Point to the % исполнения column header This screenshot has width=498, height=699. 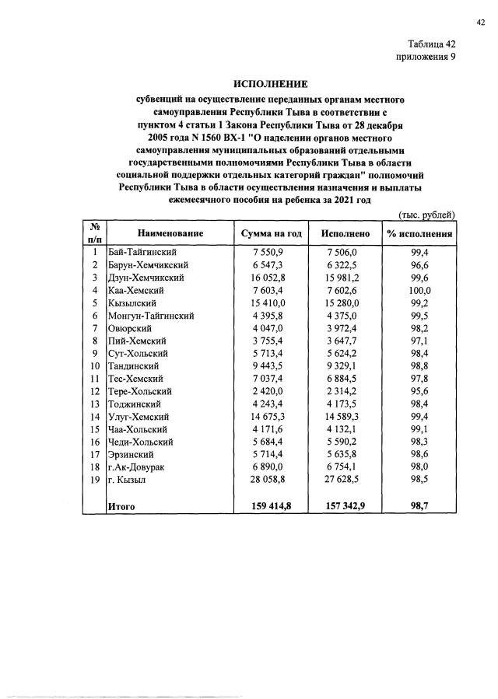[x=420, y=233]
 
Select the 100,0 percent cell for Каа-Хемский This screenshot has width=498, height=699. [x=420, y=290]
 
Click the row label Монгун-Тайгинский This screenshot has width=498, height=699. [x=151, y=316]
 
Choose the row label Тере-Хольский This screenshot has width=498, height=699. [x=140, y=391]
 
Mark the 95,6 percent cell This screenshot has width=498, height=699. [x=420, y=391]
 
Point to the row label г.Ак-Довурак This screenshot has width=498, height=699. [x=138, y=467]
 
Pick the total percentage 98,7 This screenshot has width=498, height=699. [x=420, y=506]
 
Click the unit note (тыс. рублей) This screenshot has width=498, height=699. [x=426, y=214]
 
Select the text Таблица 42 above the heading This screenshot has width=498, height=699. [x=430, y=44]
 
